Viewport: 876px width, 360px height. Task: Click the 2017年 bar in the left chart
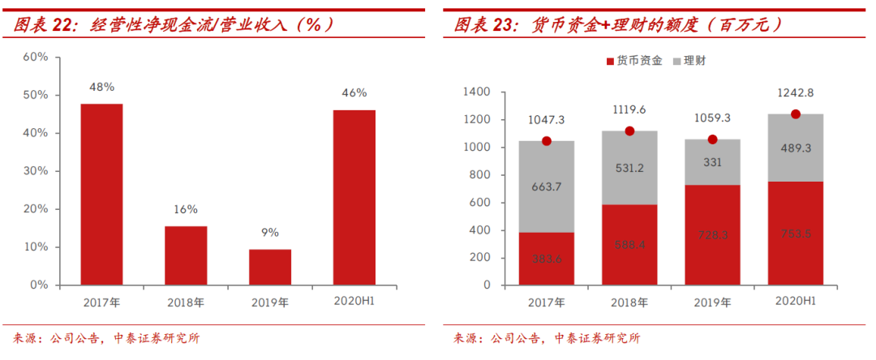(101, 195)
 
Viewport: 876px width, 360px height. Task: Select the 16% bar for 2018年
(186, 255)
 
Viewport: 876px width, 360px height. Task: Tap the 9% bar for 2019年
(270, 267)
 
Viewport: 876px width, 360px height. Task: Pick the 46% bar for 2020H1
(354, 198)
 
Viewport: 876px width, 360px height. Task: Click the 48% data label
(101, 87)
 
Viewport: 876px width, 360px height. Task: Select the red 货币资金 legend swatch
(611, 61)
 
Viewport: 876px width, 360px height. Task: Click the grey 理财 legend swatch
(677, 61)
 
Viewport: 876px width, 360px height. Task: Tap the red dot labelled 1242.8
(796, 114)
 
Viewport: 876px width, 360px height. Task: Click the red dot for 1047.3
(547, 141)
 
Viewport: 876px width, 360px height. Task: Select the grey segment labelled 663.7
(547, 186)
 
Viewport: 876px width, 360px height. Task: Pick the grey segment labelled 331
(713, 162)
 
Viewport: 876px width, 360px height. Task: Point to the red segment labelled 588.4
(629, 245)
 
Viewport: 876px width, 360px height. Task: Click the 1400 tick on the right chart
(478, 92)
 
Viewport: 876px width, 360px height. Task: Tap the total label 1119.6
(629, 110)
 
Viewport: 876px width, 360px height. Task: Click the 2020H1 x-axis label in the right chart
(796, 302)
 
